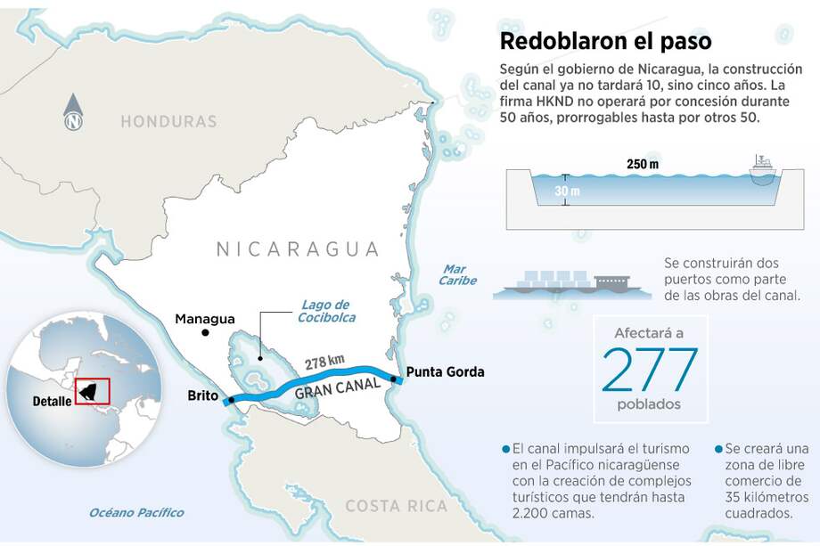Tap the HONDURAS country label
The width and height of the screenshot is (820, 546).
pyautogui.click(x=168, y=121)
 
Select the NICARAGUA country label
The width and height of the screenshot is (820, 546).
pyautogui.click(x=298, y=249)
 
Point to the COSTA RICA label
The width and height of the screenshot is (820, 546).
pyautogui.click(x=396, y=506)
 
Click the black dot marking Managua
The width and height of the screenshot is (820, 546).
pyautogui.click(x=206, y=333)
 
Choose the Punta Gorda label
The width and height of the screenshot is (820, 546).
pyautogui.click(x=445, y=371)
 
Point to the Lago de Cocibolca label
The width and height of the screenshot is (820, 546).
pyautogui.click(x=324, y=311)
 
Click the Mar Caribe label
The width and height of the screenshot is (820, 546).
pyautogui.click(x=456, y=274)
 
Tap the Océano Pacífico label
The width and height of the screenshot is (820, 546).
pyautogui.click(x=136, y=512)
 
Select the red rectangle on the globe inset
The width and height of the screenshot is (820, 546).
pyautogui.click(x=92, y=391)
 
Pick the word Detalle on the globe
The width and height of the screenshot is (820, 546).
pyautogui.click(x=52, y=401)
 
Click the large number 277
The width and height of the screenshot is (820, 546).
pyautogui.click(x=650, y=370)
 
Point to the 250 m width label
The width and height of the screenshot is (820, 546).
pyautogui.click(x=642, y=165)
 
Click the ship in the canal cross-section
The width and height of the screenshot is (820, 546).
pyautogui.click(x=763, y=169)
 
